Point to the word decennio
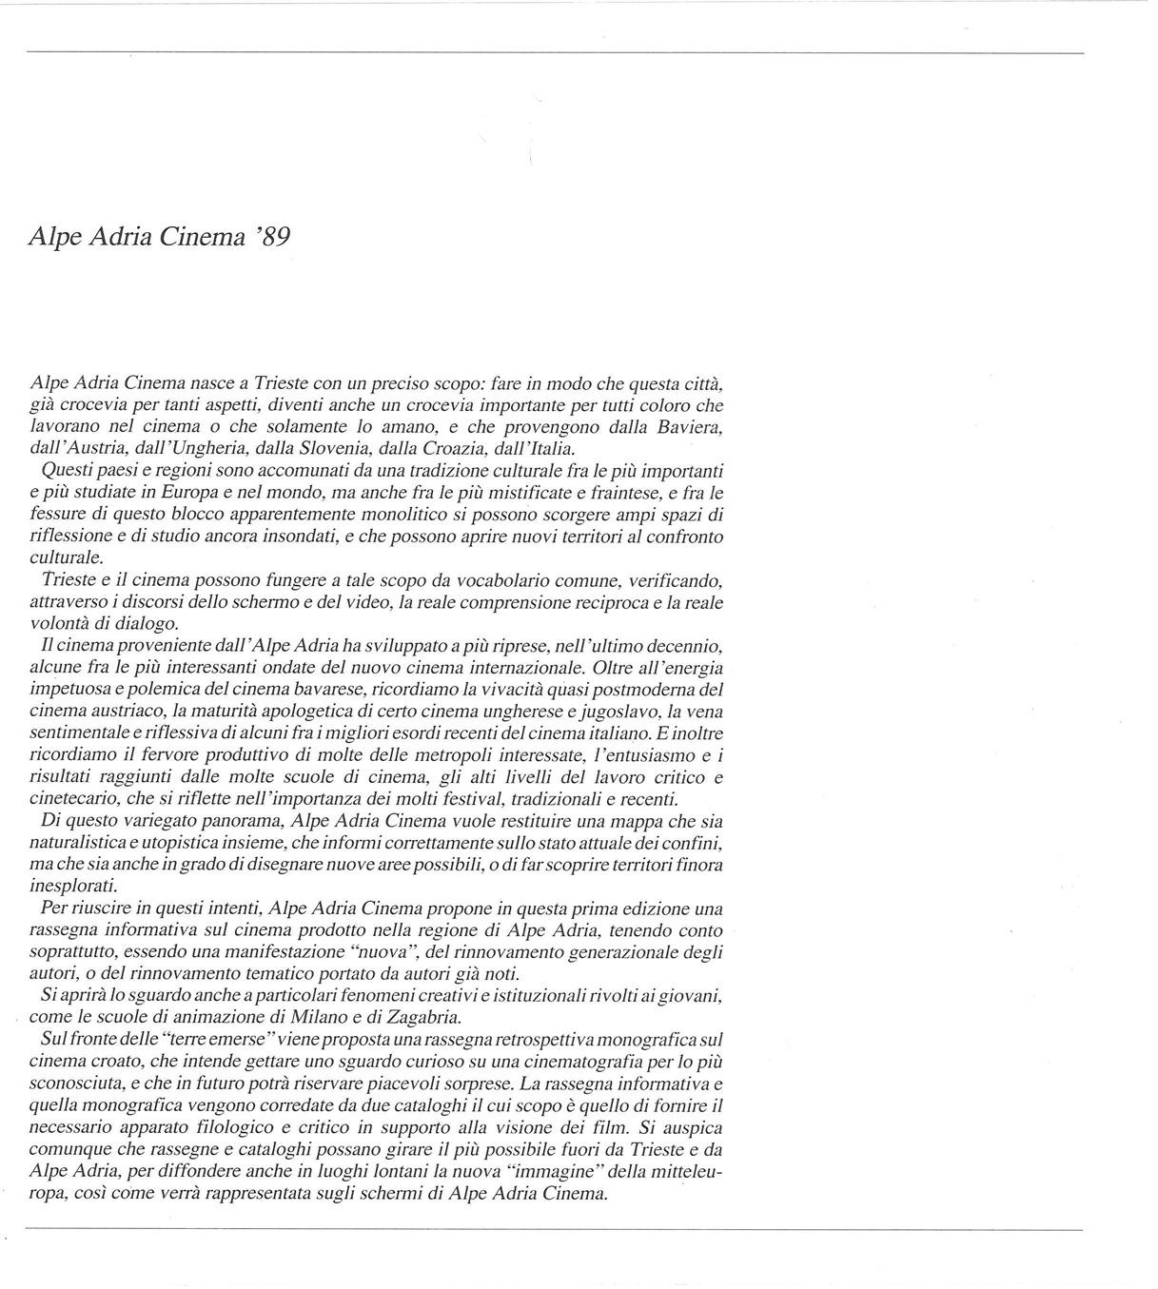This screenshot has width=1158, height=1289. [682, 646]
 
